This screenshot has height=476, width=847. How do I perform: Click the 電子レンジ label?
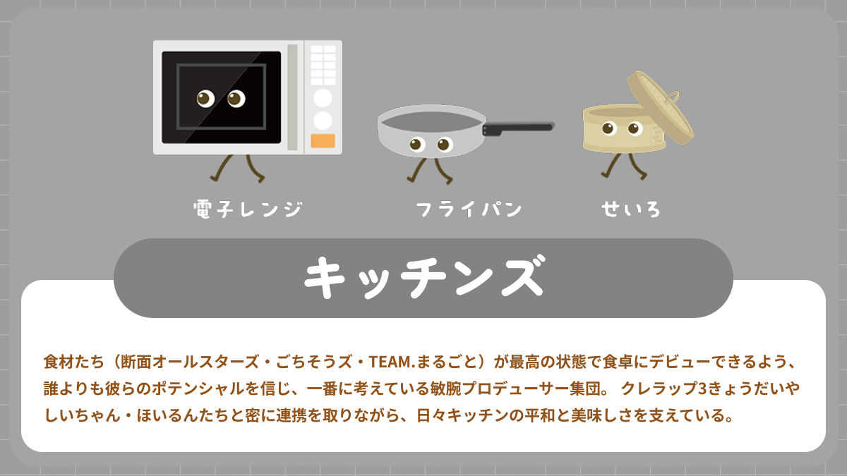248,209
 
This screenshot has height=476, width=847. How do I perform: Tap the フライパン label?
469,209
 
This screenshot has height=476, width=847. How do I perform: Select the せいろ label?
631,209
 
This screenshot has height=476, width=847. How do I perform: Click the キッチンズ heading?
423,278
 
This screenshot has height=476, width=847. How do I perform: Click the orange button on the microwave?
323,140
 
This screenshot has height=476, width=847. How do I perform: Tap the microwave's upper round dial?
323,97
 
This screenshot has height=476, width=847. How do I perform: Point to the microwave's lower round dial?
323,120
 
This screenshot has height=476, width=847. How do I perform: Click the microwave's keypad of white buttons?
323,65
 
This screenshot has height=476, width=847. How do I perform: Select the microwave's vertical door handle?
292,97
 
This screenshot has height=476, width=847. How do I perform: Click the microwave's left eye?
205,99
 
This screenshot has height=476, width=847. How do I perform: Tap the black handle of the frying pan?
518,128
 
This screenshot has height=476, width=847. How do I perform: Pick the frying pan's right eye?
444,145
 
